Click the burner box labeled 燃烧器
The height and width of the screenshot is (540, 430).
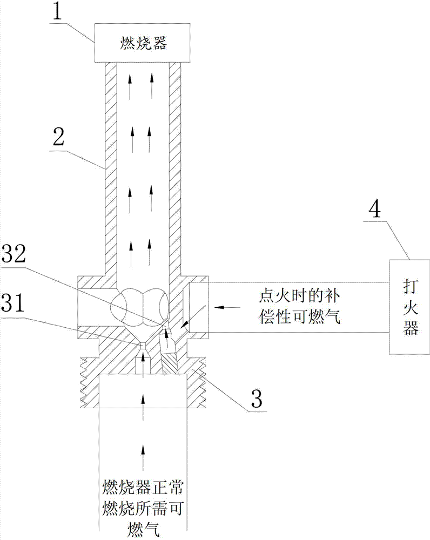pyautogui.click(x=142, y=44)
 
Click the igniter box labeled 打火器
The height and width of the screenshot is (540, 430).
pyautogui.click(x=410, y=306)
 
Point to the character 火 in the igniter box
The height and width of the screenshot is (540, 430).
pyautogui.click(x=410, y=306)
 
